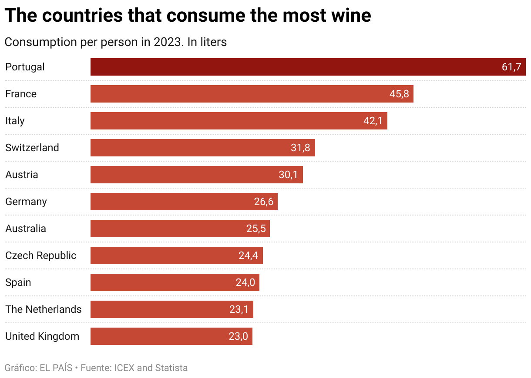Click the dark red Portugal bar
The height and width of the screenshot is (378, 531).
[x=296, y=67]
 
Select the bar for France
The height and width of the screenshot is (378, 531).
[x=239, y=94]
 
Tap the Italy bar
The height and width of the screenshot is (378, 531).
[x=226, y=121]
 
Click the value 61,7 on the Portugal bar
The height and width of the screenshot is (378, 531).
[x=511, y=67]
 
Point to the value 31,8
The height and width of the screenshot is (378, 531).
[x=300, y=148]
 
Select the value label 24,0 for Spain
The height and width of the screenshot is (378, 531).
[x=245, y=282]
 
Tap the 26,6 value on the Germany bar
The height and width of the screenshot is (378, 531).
[x=264, y=202]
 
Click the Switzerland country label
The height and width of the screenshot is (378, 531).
[x=32, y=148]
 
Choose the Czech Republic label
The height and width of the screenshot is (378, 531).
[x=40, y=255]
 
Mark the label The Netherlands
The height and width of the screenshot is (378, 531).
[x=43, y=309]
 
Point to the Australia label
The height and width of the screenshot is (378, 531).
[x=25, y=229]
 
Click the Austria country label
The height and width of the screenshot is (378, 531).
[x=21, y=175]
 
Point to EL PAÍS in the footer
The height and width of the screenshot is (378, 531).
[x=56, y=368]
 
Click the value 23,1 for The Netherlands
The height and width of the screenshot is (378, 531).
[x=239, y=309]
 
